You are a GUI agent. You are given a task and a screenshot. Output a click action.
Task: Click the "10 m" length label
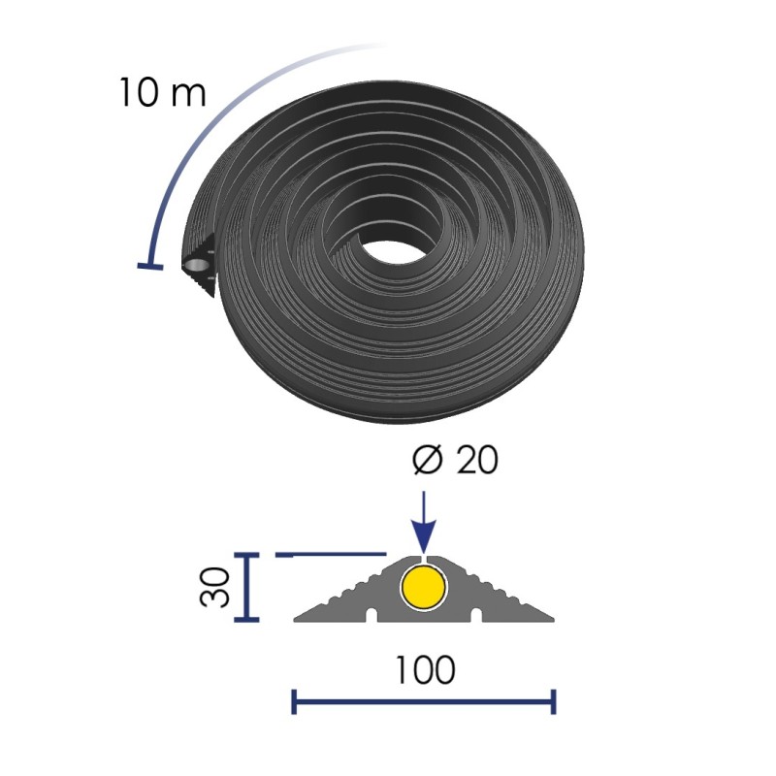tap(162, 92)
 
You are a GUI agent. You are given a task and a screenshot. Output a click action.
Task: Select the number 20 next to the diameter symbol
tap(476, 460)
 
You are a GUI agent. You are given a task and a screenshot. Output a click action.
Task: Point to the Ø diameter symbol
tap(427, 460)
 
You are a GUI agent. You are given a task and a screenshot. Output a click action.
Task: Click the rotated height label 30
tap(215, 587)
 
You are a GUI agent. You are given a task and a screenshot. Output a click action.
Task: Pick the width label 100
tap(425, 669)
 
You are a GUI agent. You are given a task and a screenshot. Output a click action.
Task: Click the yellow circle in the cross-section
tap(424, 587)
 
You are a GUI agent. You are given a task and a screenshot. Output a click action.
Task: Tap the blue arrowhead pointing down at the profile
tap(424, 536)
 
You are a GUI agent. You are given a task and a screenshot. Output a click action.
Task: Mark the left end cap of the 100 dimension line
tap(294, 701)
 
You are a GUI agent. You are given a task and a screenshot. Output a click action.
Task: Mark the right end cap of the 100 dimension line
tap(553, 701)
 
